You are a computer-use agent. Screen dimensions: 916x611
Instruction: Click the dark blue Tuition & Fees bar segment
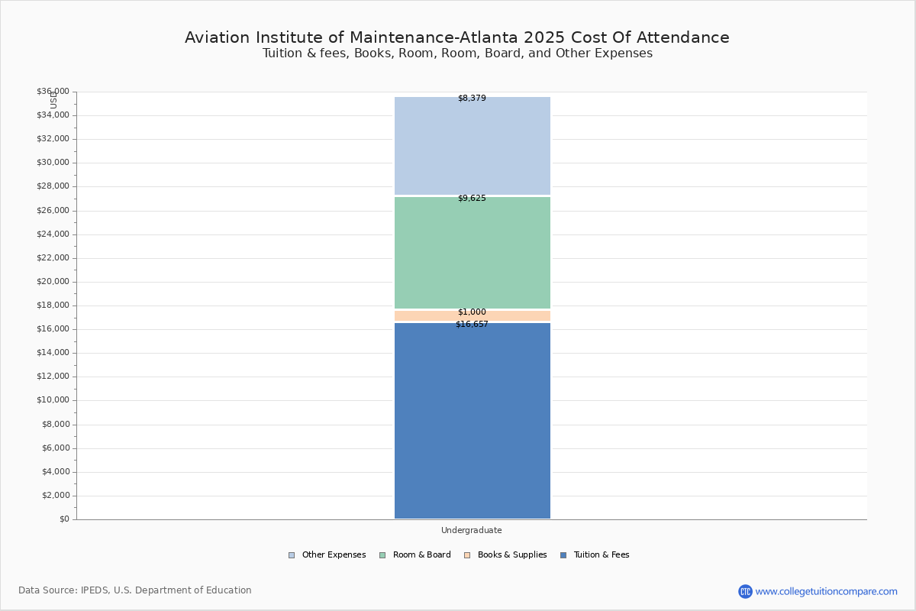tap(473, 421)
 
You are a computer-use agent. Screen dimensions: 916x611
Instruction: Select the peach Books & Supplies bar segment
tap(473, 315)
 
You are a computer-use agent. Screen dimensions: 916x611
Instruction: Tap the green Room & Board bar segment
tap(473, 253)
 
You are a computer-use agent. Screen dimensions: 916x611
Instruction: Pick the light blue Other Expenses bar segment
tap(473, 146)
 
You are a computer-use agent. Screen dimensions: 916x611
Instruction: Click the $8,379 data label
tap(472, 99)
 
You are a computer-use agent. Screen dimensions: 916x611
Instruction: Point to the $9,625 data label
tap(472, 198)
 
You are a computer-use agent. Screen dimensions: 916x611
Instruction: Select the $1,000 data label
tap(472, 312)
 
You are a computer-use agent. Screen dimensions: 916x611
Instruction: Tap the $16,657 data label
tap(472, 324)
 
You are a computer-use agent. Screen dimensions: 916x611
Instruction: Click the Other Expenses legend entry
tap(327, 554)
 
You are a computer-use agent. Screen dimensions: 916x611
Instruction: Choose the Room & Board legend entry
tap(415, 554)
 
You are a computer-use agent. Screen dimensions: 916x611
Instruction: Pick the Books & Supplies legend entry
tap(505, 554)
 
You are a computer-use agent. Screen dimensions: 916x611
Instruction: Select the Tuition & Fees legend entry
tap(595, 554)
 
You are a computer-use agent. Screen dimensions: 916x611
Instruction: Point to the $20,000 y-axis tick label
tap(53, 282)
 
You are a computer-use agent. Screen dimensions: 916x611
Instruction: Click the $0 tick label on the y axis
tap(65, 519)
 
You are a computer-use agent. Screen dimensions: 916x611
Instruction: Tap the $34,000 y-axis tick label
tap(53, 115)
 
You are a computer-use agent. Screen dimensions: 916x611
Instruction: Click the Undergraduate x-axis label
tap(472, 530)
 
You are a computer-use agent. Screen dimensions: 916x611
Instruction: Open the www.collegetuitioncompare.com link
tap(826, 591)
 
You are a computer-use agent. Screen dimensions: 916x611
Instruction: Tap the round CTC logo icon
tap(745, 591)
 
